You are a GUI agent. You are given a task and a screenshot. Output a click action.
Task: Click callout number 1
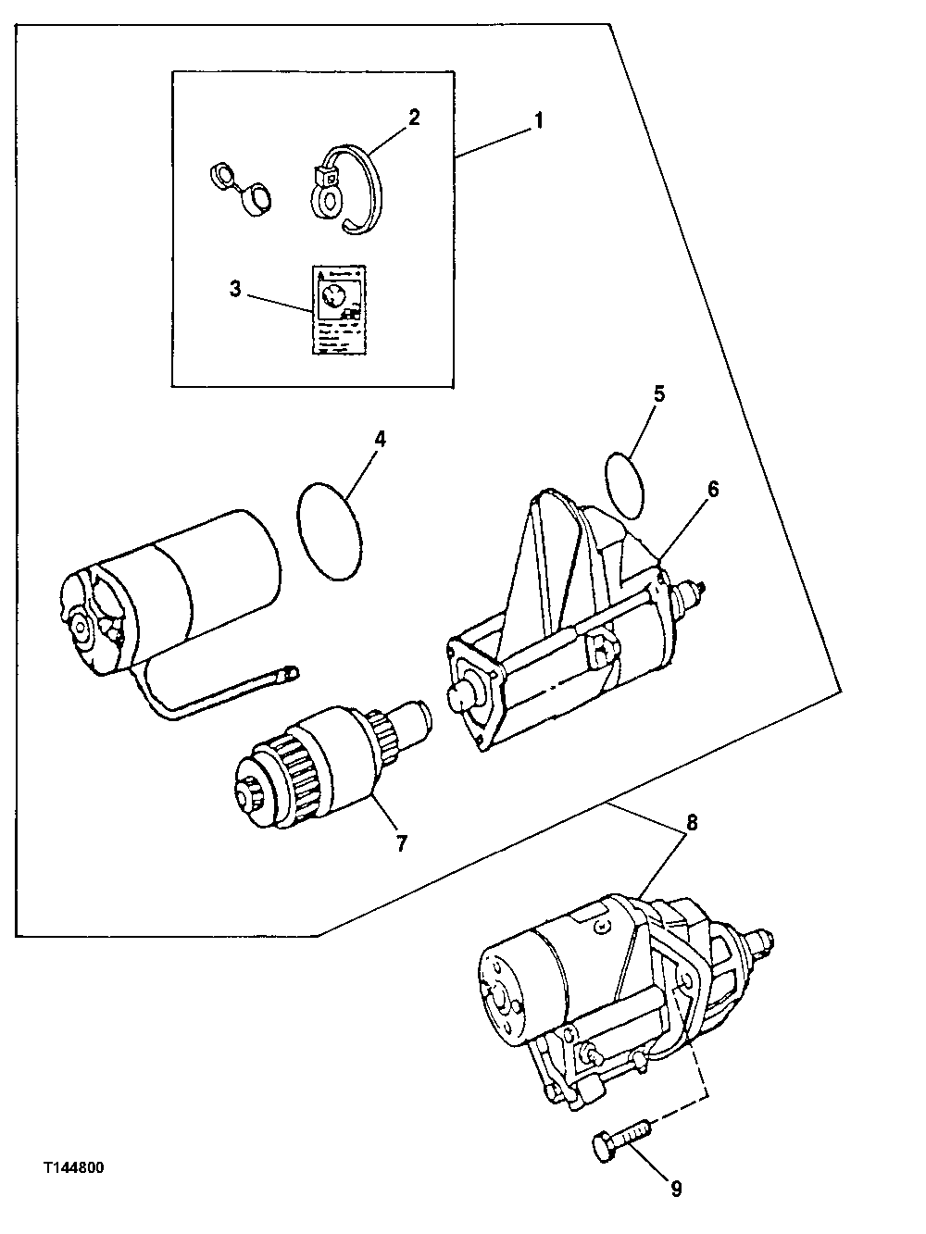(x=538, y=120)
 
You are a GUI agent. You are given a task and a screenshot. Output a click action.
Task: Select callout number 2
(x=414, y=117)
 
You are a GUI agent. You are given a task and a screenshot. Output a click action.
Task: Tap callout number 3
(x=235, y=289)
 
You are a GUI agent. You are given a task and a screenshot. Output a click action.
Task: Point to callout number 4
(x=380, y=439)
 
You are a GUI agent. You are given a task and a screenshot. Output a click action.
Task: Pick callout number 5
(x=658, y=393)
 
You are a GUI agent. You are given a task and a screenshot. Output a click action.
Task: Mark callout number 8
(x=692, y=820)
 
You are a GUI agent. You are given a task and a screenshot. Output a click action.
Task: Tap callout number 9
(x=677, y=1188)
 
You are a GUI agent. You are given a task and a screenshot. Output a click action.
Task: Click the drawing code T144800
(x=71, y=1168)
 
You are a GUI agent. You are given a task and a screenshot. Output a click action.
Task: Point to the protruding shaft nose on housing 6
(x=460, y=696)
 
